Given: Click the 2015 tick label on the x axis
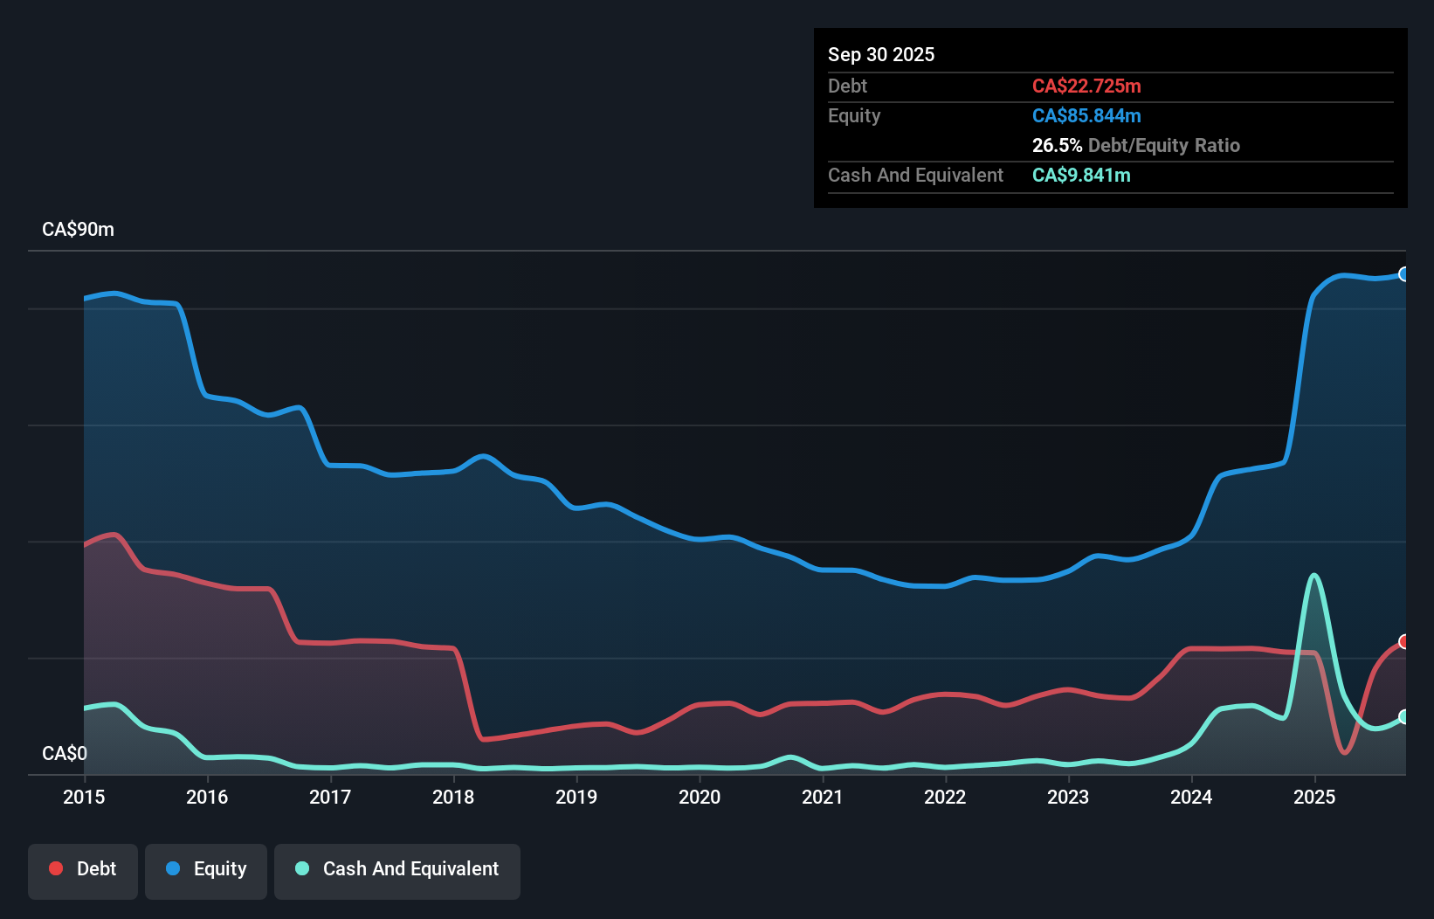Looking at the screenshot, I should pyautogui.click(x=84, y=797).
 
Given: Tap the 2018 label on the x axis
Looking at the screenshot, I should pyautogui.click(x=453, y=797).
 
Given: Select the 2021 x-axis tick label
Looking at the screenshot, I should pyautogui.click(x=823, y=797).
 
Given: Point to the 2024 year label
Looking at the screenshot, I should pyautogui.click(x=1191, y=797).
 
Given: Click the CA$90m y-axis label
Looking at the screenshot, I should pyautogui.click(x=78, y=230).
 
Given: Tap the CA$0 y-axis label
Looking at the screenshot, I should pyautogui.click(x=65, y=753).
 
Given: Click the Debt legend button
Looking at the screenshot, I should pyautogui.click(x=83, y=869).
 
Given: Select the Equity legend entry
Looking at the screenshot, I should pyautogui.click(x=206, y=869).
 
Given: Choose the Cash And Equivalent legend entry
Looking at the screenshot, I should pyautogui.click(x=397, y=869).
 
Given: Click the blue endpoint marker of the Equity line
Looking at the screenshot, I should pyautogui.click(x=1404, y=274).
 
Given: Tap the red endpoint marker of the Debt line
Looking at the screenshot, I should pyautogui.click(x=1404, y=642).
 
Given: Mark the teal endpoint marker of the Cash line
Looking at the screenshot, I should pyautogui.click(x=1404, y=716).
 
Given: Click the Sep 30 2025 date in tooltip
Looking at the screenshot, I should pyautogui.click(x=880, y=54).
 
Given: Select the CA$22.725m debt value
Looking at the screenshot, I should pyautogui.click(x=1086, y=86).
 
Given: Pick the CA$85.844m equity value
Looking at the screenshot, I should pyautogui.click(x=1086, y=115).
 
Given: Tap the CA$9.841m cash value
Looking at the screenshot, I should pyautogui.click(x=1081, y=175).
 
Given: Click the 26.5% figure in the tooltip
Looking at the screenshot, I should pyautogui.click(x=1057, y=145).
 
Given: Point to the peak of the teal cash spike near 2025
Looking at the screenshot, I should pyautogui.click(x=1314, y=575).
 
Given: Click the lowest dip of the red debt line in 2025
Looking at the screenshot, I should pyautogui.click(x=1345, y=751).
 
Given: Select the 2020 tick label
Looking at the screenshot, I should pyautogui.click(x=700, y=797).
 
